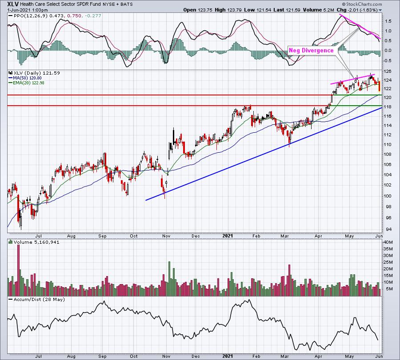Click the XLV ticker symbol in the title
pyautogui.click(x=13, y=4)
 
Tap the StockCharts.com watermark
pyautogui.click(x=362, y=4)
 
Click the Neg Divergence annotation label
pyautogui.click(x=311, y=51)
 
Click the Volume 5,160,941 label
pyautogui.click(x=36, y=242)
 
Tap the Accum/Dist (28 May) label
pyautogui.click(x=39, y=299)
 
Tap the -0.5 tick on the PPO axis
pyautogui.click(x=387, y=60)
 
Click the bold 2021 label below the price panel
pyautogui.click(x=228, y=236)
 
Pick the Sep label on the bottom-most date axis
pyautogui.click(x=102, y=356)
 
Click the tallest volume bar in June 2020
pyautogui.click(x=18, y=268)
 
